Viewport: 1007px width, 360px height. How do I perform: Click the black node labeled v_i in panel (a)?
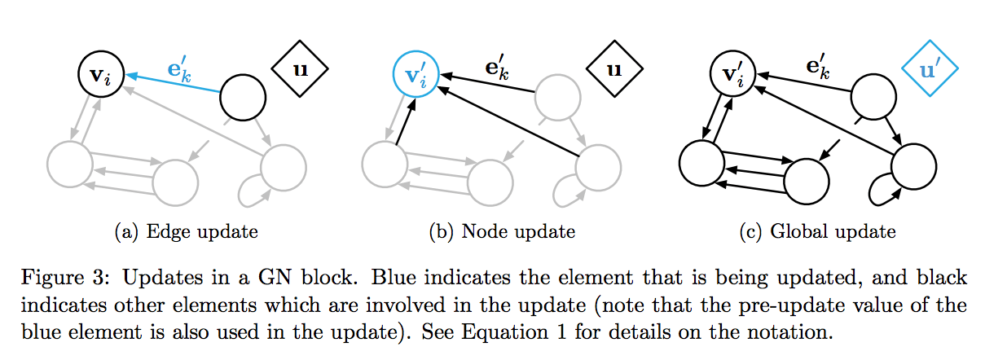[101, 75]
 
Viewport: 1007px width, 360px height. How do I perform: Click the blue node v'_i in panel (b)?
[416, 75]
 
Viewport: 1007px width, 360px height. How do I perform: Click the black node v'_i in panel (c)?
[731, 75]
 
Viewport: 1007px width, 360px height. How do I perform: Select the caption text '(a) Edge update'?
[187, 232]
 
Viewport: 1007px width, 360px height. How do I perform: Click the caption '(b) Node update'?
[502, 232]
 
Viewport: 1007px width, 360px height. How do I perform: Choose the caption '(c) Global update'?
[817, 232]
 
